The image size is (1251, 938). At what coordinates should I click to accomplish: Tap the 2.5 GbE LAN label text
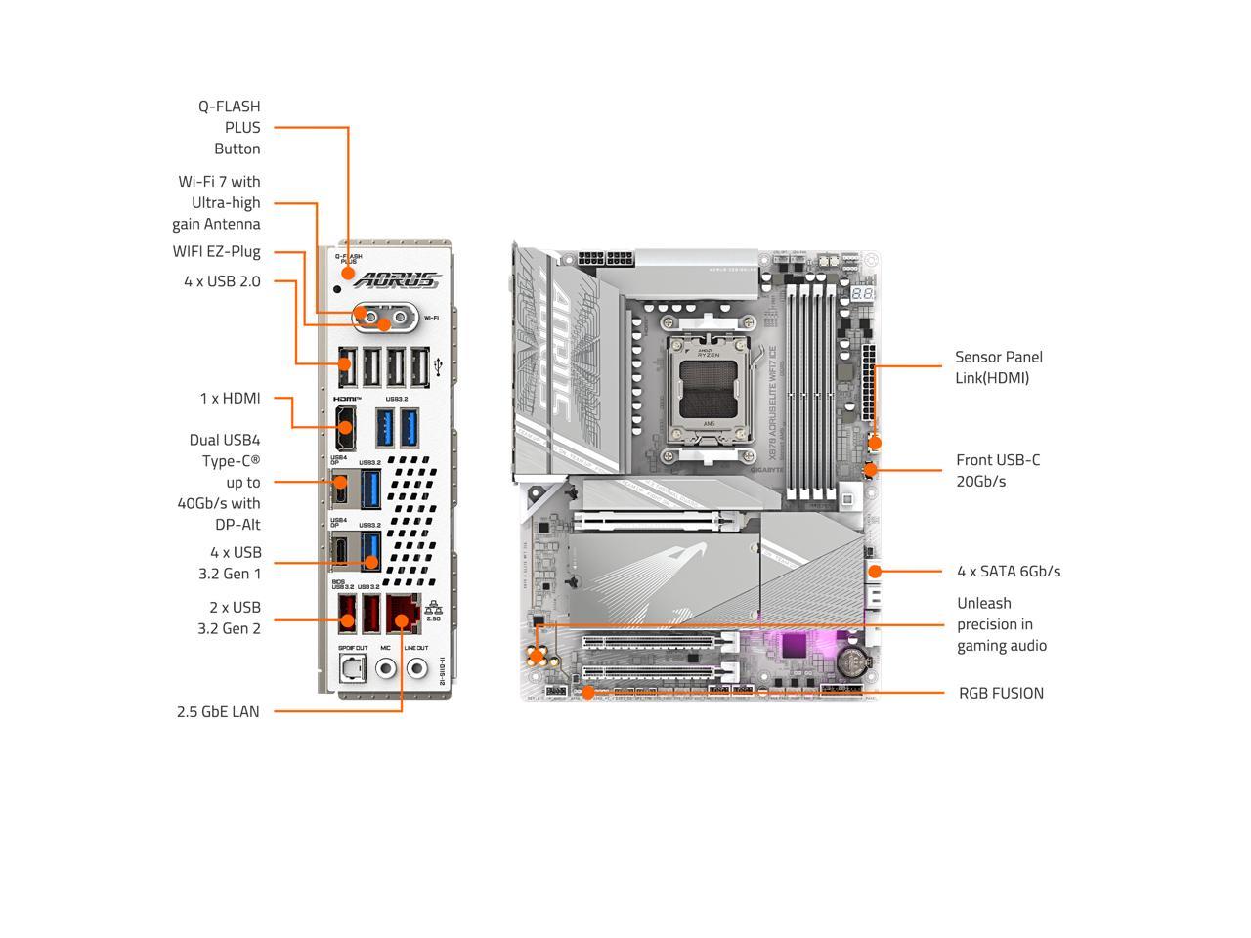[x=218, y=711]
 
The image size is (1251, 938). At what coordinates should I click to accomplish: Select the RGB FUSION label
[x=1001, y=693]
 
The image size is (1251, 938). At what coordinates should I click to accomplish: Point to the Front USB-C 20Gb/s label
[x=998, y=470]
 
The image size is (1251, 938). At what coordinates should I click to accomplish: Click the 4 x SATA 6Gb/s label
[x=1008, y=571]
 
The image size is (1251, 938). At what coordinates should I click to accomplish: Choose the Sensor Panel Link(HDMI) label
[x=999, y=367]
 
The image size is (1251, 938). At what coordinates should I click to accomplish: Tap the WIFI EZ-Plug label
[x=217, y=251]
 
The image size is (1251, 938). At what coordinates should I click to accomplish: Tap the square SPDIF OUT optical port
[x=352, y=668]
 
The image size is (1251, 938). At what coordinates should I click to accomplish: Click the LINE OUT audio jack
[x=417, y=669]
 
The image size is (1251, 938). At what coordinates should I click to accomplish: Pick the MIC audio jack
[x=386, y=669]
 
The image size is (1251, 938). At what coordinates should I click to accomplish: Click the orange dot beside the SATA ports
[x=875, y=571]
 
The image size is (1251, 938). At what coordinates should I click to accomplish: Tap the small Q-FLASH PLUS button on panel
[x=338, y=288]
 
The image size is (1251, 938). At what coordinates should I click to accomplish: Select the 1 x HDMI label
[x=231, y=398]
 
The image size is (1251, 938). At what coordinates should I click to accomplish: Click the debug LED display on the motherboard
[x=861, y=294]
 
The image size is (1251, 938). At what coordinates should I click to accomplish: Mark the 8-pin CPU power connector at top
[x=604, y=261]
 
